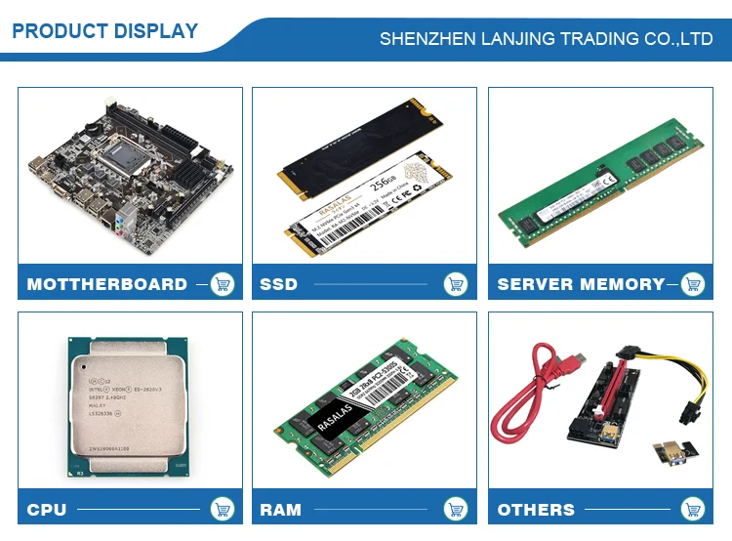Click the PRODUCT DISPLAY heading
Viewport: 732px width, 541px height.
coord(104,31)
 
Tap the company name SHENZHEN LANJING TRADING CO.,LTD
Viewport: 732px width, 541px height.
coord(546,39)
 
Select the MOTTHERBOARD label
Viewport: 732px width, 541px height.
coord(107,284)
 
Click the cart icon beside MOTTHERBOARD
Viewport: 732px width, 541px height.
coord(223,284)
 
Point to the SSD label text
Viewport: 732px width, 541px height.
coord(279,284)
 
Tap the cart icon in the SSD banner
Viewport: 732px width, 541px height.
coord(455,284)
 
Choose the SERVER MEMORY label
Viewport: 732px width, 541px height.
coord(581,284)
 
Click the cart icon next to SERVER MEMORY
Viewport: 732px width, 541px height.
coord(692,284)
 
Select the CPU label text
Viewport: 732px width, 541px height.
coord(47,509)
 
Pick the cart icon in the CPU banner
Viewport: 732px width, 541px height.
coord(223,509)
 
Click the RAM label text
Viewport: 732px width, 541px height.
coord(281,509)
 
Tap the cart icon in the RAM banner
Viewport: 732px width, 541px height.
coord(455,509)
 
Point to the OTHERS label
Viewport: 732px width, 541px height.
coord(536,509)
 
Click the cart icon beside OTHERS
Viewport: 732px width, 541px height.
coord(692,509)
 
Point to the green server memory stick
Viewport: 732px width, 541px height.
coord(600,177)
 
